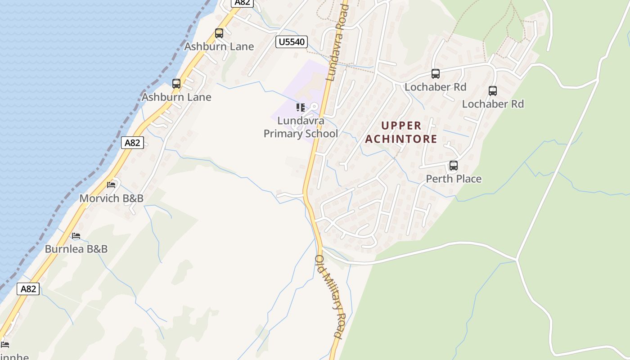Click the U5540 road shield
[291, 42]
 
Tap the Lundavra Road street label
[338, 41]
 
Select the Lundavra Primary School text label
[301, 127]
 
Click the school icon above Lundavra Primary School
[300, 108]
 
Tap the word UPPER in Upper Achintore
[401, 126]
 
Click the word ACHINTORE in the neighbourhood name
[401, 139]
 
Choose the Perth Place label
[454, 179]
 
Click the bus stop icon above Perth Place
[453, 166]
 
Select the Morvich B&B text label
[111, 198]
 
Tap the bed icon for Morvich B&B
[111, 184]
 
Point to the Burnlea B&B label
[76, 249]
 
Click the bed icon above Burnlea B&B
[76, 236]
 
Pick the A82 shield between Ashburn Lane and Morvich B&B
[132, 143]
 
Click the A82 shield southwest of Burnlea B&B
[28, 288]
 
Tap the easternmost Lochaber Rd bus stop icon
[493, 91]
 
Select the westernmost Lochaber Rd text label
[435, 87]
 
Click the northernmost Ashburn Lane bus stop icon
[219, 33]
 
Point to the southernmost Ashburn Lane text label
[176, 97]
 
